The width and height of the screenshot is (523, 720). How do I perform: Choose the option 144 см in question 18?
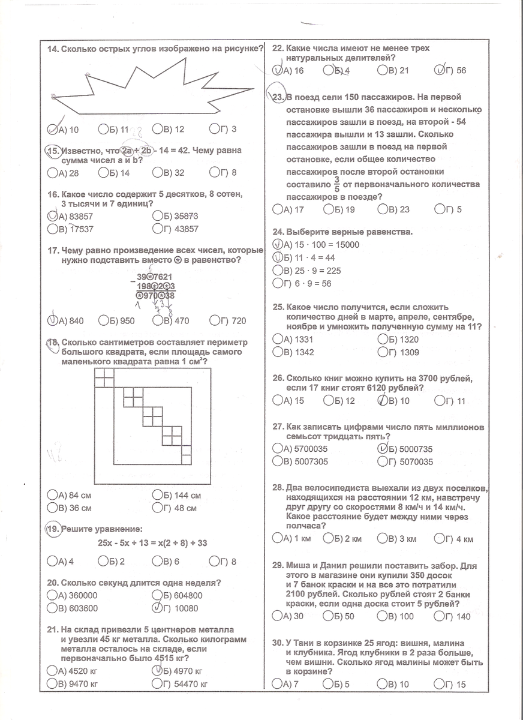point(184,496)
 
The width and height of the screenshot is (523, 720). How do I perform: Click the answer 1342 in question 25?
point(300,352)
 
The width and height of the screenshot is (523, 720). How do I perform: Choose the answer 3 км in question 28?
point(402,539)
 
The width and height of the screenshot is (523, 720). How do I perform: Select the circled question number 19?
point(53,529)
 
